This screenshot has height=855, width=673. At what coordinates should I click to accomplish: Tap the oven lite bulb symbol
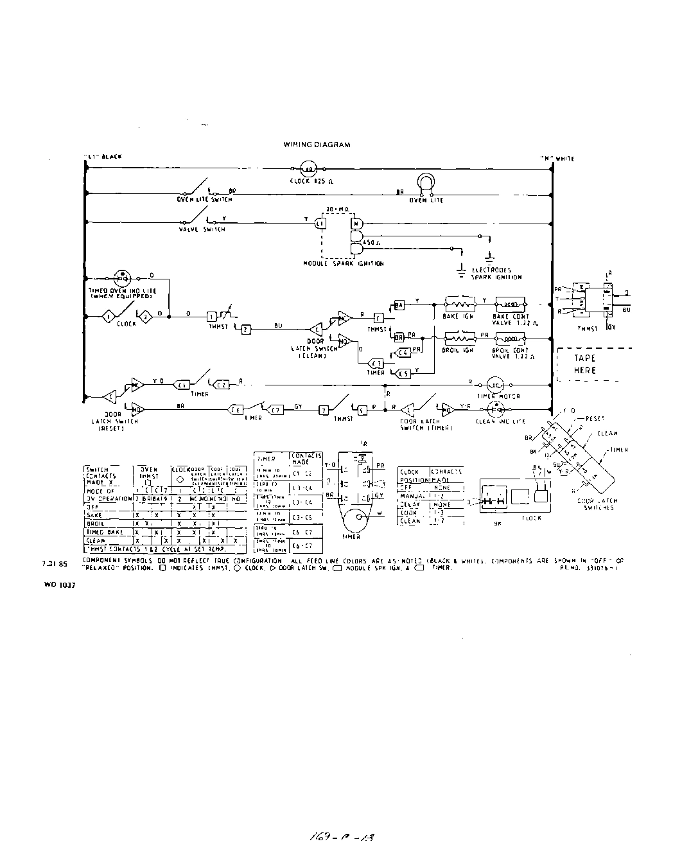[424, 184]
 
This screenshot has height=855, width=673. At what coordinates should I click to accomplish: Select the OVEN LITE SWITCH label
[204, 199]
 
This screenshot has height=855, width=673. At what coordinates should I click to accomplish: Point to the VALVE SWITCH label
[203, 229]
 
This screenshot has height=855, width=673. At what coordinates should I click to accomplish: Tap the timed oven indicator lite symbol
[123, 278]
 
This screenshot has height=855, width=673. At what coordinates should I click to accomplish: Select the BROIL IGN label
[458, 350]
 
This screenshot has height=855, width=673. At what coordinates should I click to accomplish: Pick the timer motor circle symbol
[495, 384]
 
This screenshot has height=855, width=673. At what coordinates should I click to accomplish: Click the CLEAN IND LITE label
[500, 421]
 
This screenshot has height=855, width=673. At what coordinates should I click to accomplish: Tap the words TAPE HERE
[585, 364]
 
